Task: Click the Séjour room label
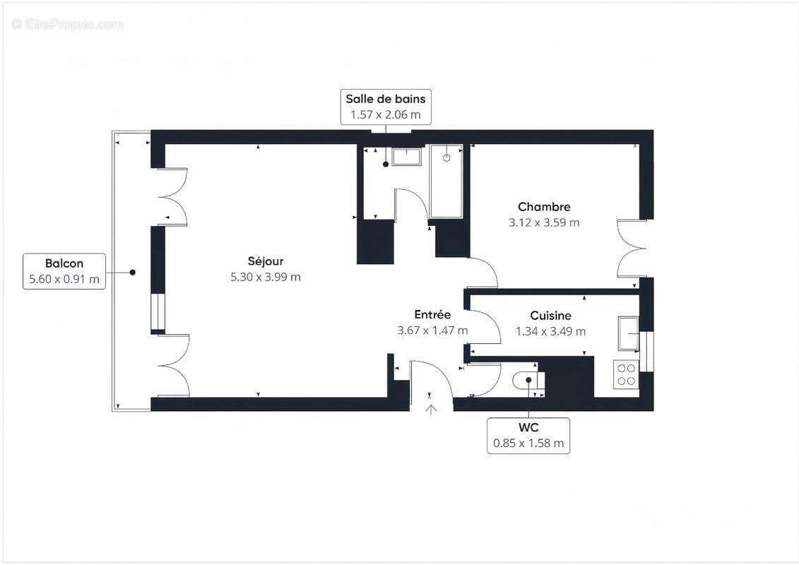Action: point(266,261)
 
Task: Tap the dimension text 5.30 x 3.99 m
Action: point(266,277)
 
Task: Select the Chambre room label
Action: point(544,207)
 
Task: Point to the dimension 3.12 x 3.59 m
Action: point(544,222)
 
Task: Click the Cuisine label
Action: point(550,316)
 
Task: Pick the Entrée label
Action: point(432,315)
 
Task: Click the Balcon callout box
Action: point(64,271)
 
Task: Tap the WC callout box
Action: point(528,435)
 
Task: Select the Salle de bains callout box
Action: point(385,107)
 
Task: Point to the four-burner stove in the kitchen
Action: point(626,374)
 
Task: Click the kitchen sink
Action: point(627,333)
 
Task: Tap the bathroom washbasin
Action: point(407,157)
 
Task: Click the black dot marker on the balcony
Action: point(132,272)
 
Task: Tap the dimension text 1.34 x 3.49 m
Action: point(550,331)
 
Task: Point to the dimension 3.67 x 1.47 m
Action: point(432,331)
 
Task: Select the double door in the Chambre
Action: point(630,249)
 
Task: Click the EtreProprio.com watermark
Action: point(68,25)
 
